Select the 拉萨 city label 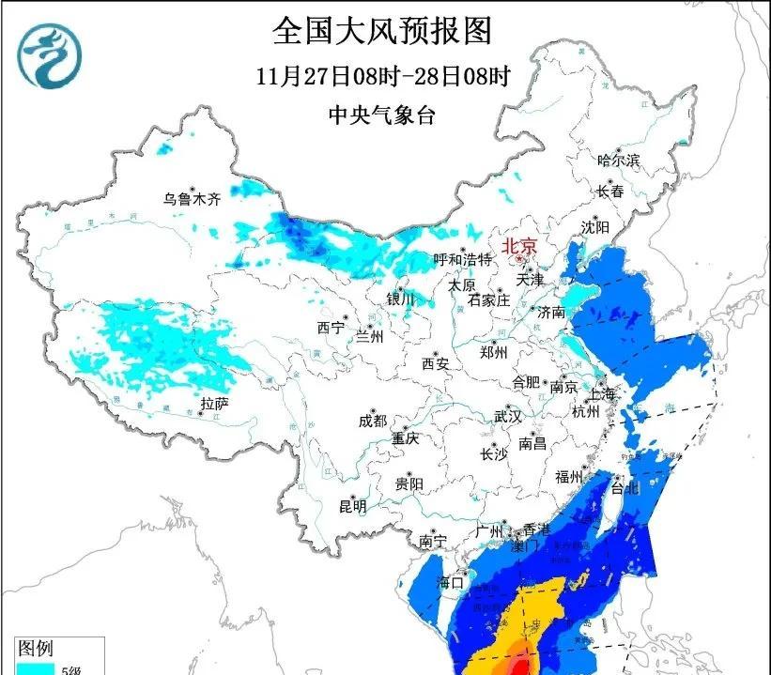tap(214, 404)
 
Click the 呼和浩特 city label tap(462, 259)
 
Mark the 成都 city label tap(372, 421)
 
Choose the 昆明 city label tap(352, 506)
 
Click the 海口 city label tap(452, 582)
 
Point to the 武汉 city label tap(507, 416)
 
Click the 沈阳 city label tap(594, 227)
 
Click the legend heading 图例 tap(36, 648)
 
